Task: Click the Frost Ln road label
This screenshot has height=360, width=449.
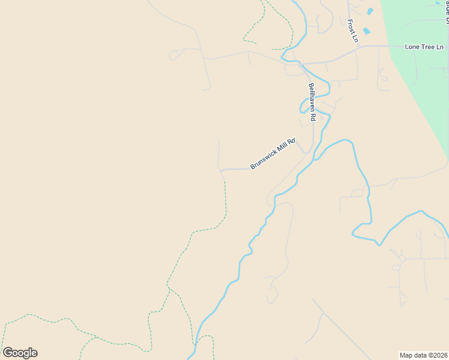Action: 353,31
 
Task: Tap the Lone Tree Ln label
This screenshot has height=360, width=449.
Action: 424,47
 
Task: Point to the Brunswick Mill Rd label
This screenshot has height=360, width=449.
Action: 273,154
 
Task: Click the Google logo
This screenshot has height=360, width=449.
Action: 20,353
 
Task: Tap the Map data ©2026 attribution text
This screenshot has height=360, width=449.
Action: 423,355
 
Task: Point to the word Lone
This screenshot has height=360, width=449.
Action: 412,47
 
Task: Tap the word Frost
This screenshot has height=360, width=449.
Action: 352,26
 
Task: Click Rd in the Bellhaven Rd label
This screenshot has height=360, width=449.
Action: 313,117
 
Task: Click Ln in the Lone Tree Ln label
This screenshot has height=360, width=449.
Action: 438,47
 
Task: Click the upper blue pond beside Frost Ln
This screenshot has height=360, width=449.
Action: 370,11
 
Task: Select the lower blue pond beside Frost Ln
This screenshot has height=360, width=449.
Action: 367,31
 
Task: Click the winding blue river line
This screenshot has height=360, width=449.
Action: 240,270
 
